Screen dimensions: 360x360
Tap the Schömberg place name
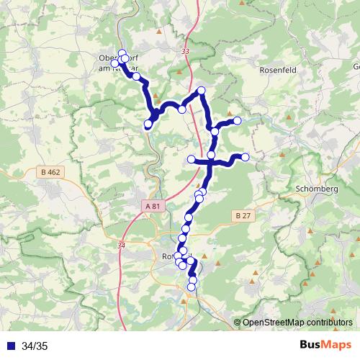[317, 188]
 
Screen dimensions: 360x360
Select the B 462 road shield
[50, 172]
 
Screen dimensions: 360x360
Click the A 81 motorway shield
[152, 206]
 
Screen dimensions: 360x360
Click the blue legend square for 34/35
[9, 346]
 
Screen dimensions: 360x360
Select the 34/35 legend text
[36, 346]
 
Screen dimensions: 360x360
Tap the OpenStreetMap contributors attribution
[297, 323]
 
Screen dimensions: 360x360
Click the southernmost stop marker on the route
[192, 287]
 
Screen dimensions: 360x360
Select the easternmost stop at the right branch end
[245, 157]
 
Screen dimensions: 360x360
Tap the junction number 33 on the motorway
[186, 52]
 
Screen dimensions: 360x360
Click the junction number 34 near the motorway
[120, 246]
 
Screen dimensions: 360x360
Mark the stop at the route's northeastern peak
[202, 90]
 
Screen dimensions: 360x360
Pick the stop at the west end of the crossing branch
[191, 159]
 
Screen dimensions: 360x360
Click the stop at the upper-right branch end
[238, 120]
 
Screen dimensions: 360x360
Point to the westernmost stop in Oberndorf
[114, 63]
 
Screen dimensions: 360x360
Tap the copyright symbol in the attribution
[238, 323]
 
